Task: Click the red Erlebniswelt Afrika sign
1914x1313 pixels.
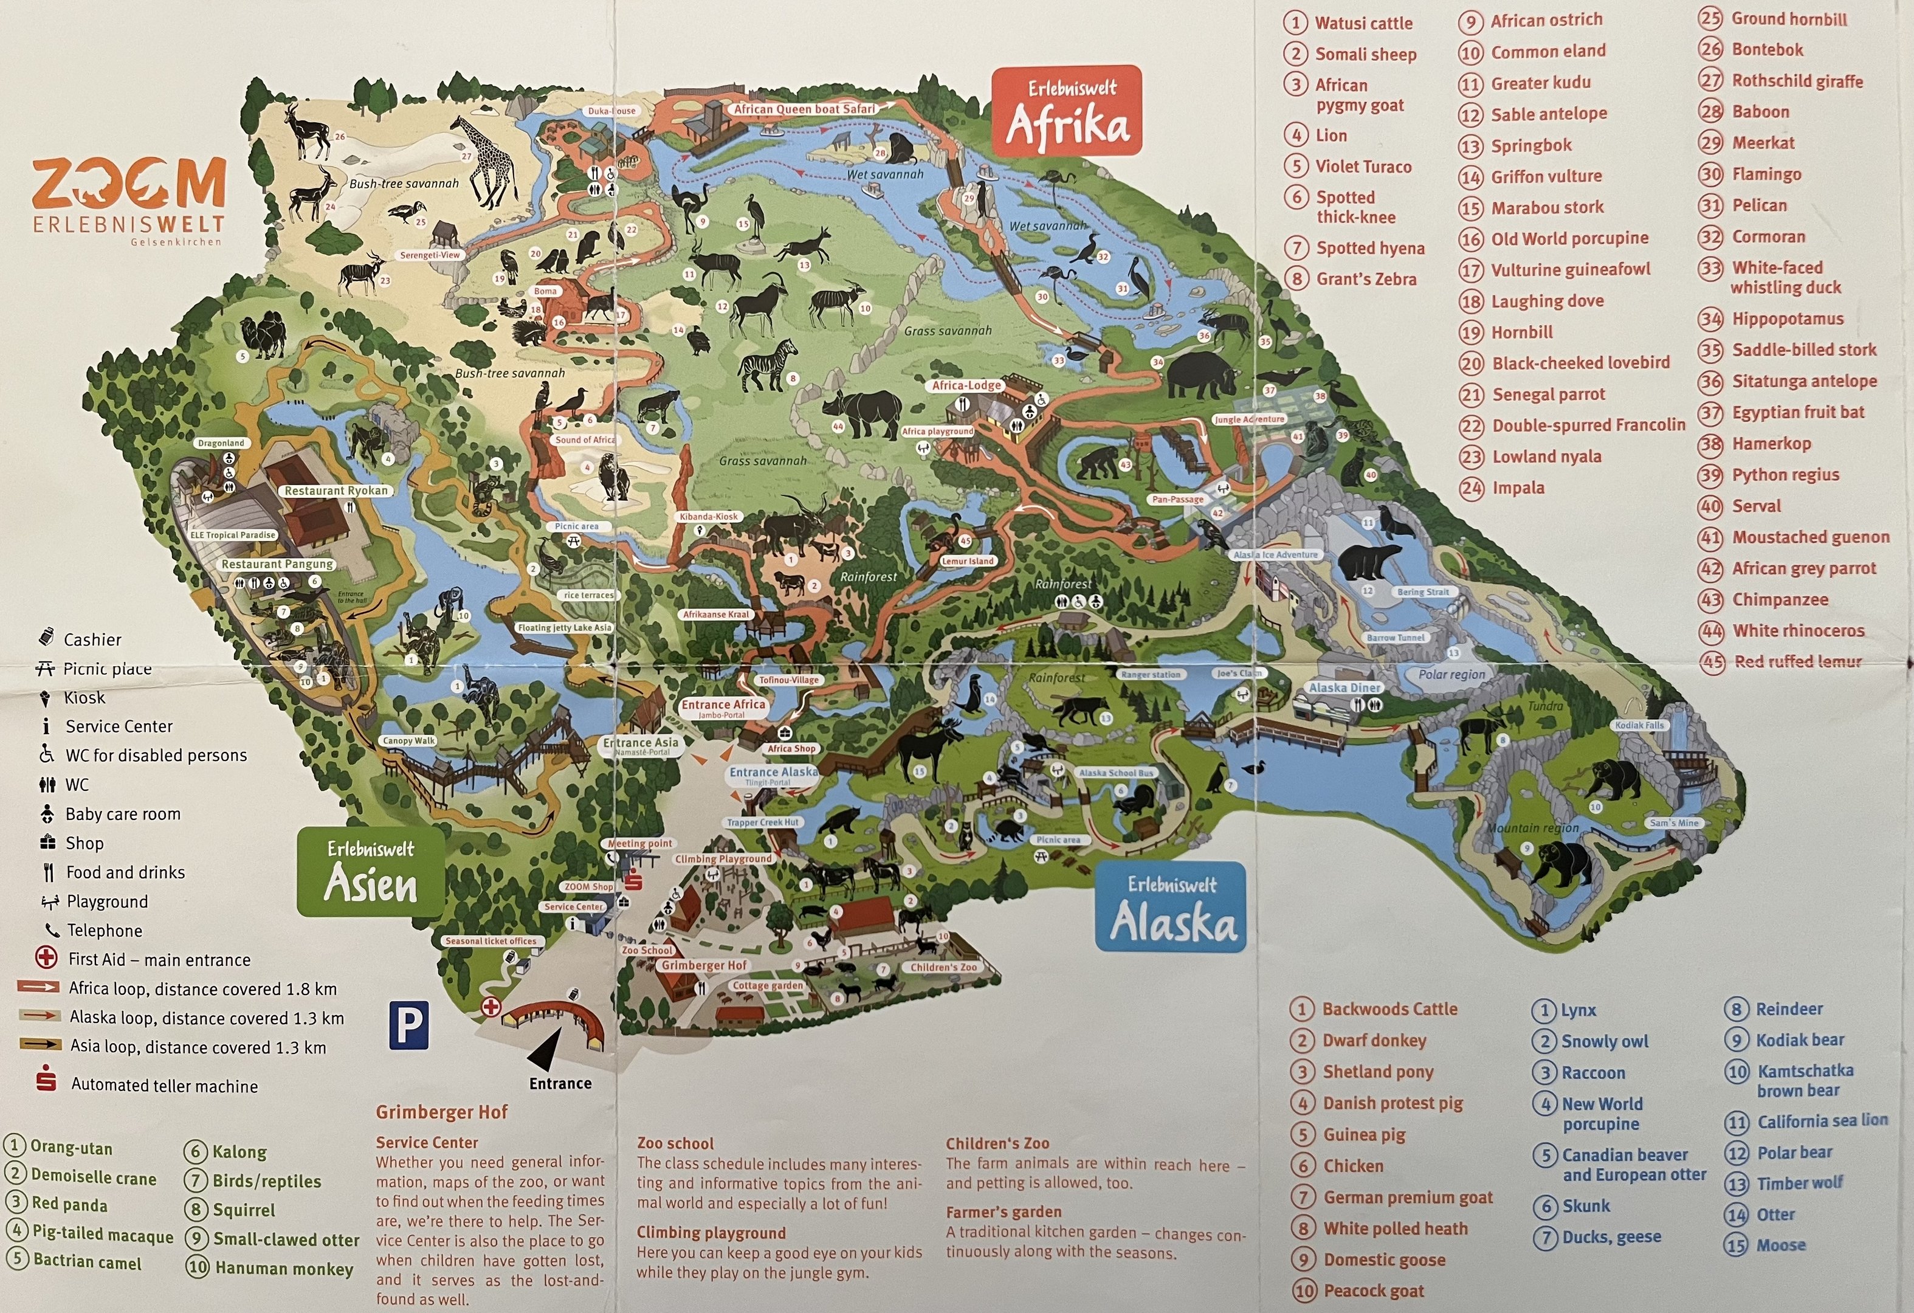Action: (1067, 111)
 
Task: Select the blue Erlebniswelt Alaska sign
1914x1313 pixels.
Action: (1171, 907)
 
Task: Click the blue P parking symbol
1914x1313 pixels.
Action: (408, 1025)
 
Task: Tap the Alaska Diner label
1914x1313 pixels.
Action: (1344, 688)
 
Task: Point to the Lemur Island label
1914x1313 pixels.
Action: (968, 561)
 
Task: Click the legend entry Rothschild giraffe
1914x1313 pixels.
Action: (1796, 81)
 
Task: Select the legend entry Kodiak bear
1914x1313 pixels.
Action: (1800, 1039)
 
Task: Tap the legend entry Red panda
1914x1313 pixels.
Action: (69, 1204)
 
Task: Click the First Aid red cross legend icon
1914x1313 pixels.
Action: (46, 959)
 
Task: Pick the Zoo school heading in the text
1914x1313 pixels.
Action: (675, 1143)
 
